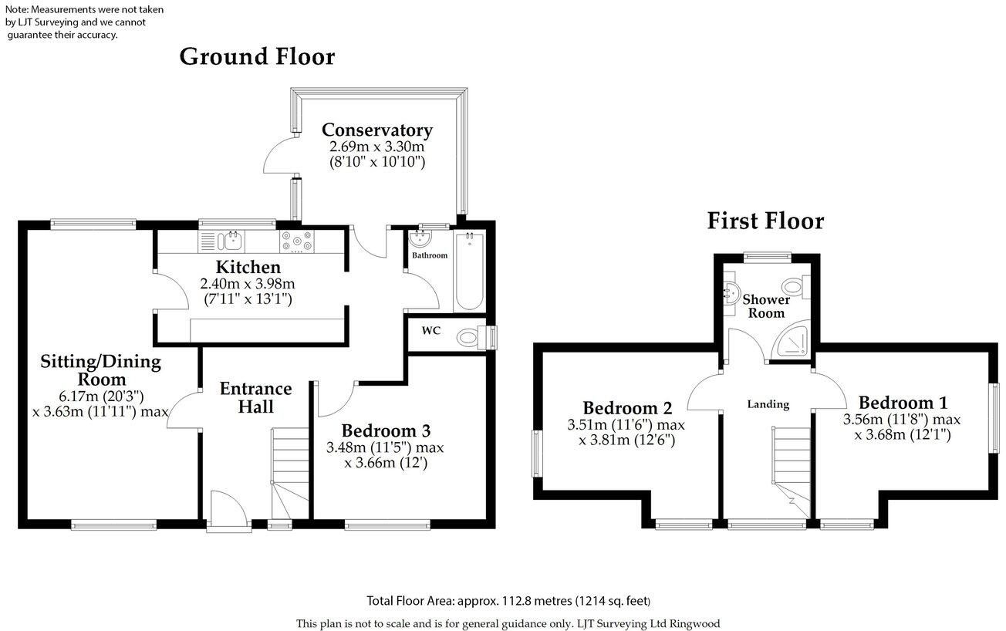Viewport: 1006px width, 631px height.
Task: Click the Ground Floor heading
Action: [257, 57]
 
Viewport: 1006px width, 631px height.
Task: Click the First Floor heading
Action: [765, 221]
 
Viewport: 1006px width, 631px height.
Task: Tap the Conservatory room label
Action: [376, 130]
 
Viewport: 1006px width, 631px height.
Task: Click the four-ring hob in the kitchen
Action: [296, 241]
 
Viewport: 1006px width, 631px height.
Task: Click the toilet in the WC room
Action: [470, 338]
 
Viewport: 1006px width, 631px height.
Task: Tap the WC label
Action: [430, 330]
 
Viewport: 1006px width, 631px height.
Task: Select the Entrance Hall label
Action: [255, 396]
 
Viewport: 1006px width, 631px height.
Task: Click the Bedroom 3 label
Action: [386, 430]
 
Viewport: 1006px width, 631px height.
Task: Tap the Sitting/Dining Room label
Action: [100, 369]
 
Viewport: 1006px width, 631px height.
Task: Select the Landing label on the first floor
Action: [768, 404]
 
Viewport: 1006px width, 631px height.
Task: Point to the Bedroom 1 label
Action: [903, 402]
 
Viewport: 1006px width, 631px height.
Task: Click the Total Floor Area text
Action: [507, 601]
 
